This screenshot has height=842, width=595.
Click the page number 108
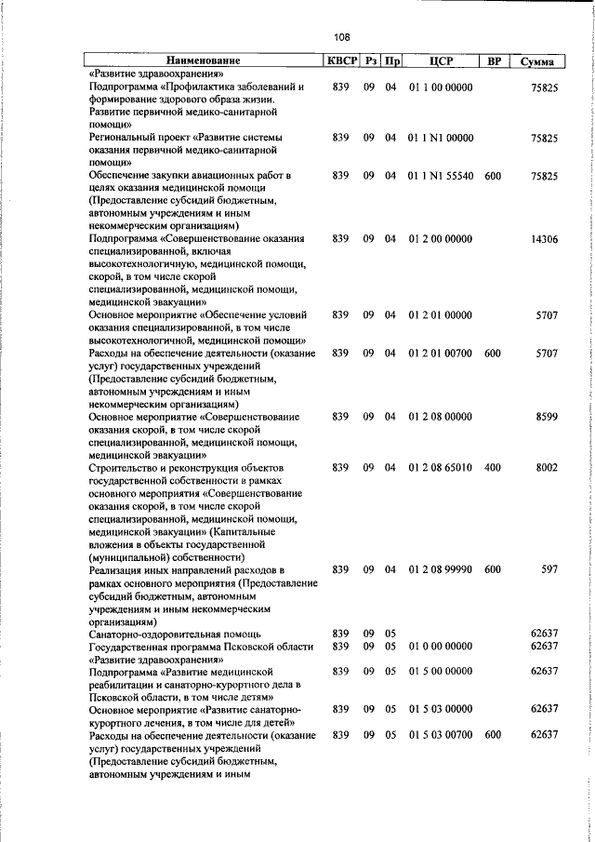[341, 38]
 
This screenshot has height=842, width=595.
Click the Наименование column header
[202, 61]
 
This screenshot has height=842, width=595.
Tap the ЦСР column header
[441, 61]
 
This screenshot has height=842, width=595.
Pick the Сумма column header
[538, 61]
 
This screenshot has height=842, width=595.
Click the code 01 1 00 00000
[441, 87]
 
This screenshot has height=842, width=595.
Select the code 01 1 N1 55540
[441, 175]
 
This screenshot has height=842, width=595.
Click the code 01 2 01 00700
[441, 354]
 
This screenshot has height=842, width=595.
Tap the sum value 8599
[546, 418]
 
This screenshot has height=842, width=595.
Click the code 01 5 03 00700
[441, 735]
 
